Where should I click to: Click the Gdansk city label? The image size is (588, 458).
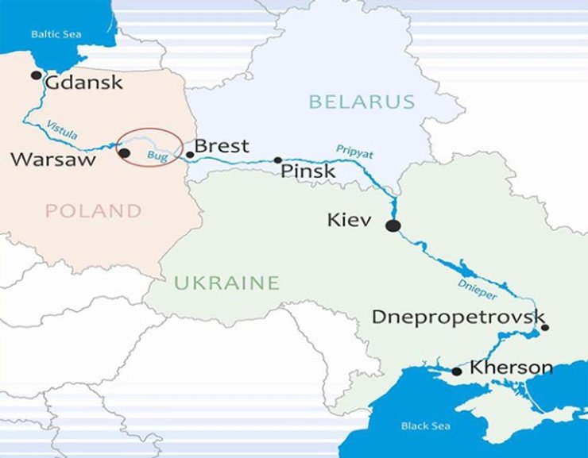[84, 82]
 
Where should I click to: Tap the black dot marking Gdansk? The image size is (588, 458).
[36, 75]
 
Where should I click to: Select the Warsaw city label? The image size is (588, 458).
[53, 160]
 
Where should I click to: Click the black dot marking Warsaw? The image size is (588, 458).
[124, 152]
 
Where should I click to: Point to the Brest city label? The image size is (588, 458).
[222, 146]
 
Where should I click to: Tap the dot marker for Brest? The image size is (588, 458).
[189, 155]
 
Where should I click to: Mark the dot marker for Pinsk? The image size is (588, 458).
[278, 160]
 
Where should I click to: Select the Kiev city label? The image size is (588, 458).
[349, 220]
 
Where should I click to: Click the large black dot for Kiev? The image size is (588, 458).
[393, 226]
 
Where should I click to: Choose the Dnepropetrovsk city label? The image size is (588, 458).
[458, 318]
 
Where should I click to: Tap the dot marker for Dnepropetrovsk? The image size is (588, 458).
[544, 327]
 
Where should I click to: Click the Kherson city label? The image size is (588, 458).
[511, 368]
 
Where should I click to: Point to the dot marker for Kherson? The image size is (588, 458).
[456, 371]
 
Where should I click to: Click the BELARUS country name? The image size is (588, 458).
[362, 102]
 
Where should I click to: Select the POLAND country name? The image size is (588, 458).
[93, 211]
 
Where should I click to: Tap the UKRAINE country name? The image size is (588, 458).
[226, 283]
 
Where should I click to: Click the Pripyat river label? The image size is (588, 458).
[354, 150]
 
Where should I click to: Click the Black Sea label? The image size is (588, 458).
[425, 426]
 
